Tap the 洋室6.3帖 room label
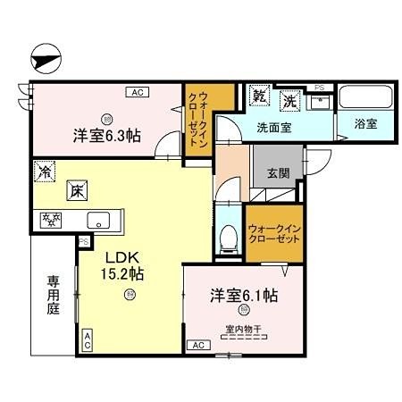106,137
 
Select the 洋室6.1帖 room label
243,295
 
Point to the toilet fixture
228,236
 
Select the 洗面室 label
273,128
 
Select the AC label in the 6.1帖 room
198,344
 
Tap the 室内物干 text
243,330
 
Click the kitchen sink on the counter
96,219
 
